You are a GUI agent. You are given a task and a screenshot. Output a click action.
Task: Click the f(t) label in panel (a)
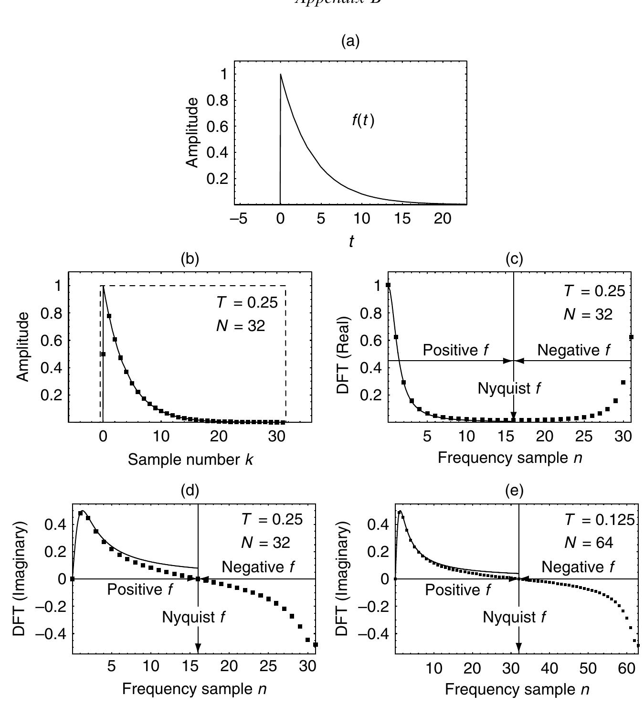point(363,121)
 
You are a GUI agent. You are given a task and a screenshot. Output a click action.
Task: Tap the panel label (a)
point(351,42)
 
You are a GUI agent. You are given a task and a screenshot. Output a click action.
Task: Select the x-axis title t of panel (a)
point(351,242)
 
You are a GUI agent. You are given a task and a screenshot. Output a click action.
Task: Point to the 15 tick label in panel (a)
point(402,219)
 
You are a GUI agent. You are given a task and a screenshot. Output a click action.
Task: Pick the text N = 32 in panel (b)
point(240,326)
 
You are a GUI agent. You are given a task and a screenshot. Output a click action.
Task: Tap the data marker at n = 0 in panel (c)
point(388,285)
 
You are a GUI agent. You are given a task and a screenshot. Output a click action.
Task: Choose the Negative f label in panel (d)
point(258,567)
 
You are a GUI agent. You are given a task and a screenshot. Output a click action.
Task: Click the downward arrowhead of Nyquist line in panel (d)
point(198,647)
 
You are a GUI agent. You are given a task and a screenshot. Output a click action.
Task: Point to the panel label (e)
point(514,490)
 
